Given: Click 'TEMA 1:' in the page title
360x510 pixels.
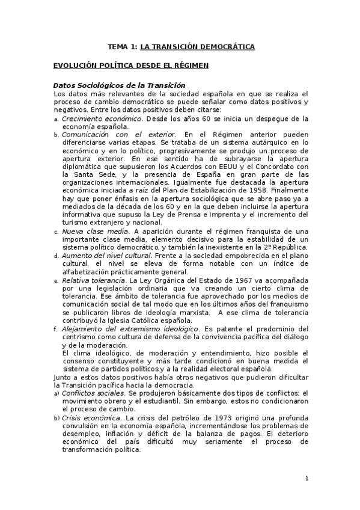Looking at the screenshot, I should (122, 46).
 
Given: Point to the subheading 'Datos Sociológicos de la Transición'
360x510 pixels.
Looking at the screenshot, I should (120, 86).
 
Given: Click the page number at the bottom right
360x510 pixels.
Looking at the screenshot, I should (307, 479).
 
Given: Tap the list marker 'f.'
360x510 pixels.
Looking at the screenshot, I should (56, 330).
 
